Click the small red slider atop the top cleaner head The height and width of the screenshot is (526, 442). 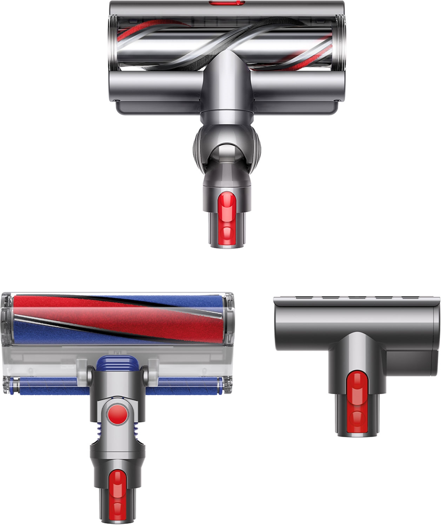click(227, 3)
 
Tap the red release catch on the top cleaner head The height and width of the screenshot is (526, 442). click(227, 217)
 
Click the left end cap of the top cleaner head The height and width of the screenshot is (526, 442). click(113, 39)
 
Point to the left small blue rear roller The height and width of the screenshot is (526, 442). click(49, 385)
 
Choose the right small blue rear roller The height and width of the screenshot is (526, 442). click(186, 385)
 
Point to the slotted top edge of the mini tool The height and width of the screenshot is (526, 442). click(356, 300)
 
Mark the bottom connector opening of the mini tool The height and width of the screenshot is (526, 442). click(357, 434)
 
